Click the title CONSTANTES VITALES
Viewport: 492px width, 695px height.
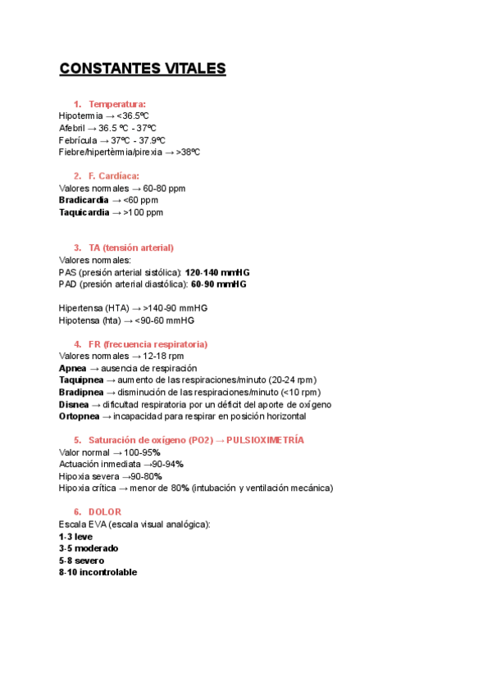pyautogui.click(x=142, y=69)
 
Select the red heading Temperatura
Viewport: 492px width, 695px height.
pyautogui.click(x=117, y=104)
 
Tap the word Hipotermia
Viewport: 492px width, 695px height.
pyautogui.click(x=81, y=116)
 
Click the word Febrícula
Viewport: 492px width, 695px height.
pyautogui.click(x=77, y=140)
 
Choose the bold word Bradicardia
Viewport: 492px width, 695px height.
pyautogui.click(x=84, y=200)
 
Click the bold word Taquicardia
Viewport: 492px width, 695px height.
pyautogui.click(x=84, y=212)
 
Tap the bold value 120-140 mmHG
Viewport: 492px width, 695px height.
pyautogui.click(x=217, y=272)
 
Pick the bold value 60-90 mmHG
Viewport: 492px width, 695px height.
pyautogui.click(x=218, y=284)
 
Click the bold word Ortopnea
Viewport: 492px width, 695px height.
pyautogui.click(x=80, y=416)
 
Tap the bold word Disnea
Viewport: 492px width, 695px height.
pyautogui.click(x=74, y=405)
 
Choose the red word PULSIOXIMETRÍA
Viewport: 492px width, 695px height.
pyautogui.click(x=265, y=440)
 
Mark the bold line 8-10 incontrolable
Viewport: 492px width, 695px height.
pyautogui.click(x=98, y=572)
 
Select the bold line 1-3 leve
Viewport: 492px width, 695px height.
pyautogui.click(x=75, y=536)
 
